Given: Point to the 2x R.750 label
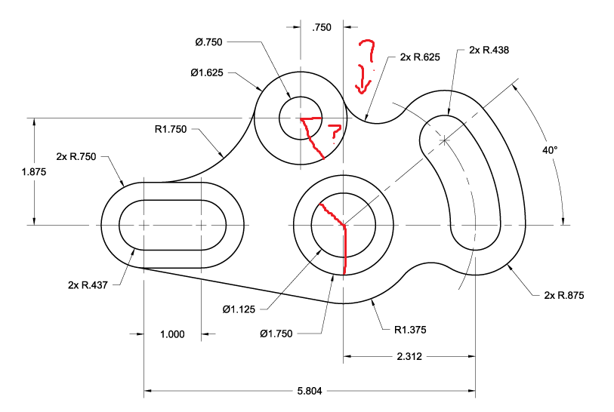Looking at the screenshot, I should (x=76, y=157).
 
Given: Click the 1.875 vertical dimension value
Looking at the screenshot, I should (x=35, y=171).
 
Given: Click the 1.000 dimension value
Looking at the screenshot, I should (x=172, y=334).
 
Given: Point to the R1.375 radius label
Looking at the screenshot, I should (x=412, y=329).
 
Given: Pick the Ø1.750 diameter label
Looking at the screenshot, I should (x=277, y=333).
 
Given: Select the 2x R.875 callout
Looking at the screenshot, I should (x=564, y=294).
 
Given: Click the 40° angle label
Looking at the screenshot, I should (x=549, y=150).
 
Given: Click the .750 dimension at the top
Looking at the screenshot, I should (x=322, y=27).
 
